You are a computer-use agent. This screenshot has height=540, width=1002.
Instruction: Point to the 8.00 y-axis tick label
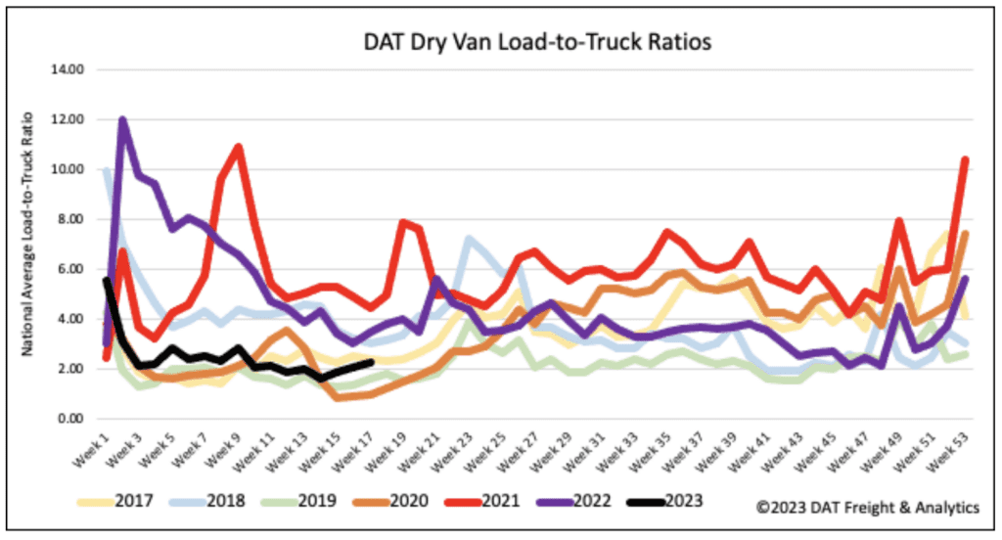click(x=76, y=220)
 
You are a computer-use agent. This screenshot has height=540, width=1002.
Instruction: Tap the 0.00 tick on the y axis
click(x=76, y=419)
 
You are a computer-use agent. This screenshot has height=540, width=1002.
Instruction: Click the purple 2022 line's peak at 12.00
click(x=122, y=120)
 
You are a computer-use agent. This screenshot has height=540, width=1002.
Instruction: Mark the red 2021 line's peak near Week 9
click(x=238, y=147)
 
